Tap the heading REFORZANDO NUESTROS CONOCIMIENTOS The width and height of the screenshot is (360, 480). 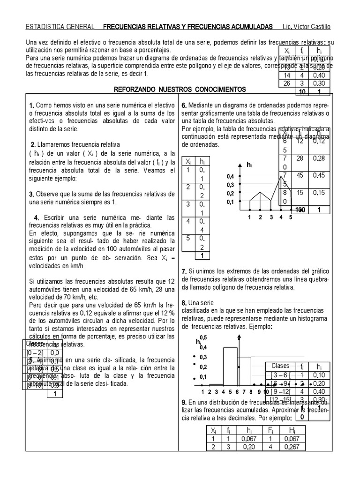coord(180,89)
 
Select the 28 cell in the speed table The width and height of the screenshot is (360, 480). coord(301,159)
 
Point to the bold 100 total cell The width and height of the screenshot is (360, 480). coord(300,210)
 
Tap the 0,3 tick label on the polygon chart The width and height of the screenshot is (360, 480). coord(230,185)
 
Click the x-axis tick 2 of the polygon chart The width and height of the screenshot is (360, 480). coord(260,217)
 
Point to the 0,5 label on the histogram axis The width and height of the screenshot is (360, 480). coord(203,338)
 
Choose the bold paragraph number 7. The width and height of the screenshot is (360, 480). coord(184,271)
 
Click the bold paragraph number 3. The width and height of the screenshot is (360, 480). coord(31,194)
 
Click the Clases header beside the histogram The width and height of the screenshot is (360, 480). coord(281,366)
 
